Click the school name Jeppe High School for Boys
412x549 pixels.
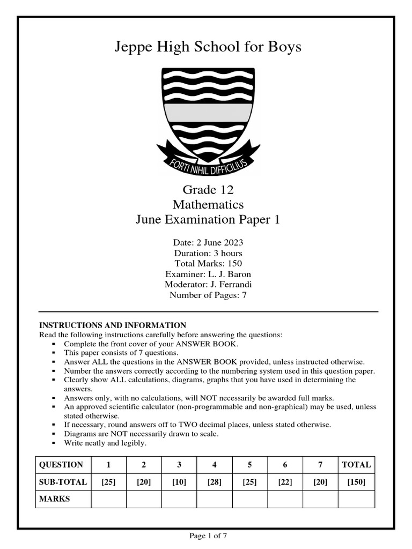click(208, 47)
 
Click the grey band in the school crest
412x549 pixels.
click(208, 112)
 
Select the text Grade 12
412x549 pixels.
click(208, 190)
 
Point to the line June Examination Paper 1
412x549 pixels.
click(208, 220)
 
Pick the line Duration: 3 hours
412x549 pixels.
click(208, 253)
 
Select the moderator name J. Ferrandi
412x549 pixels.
click(232, 284)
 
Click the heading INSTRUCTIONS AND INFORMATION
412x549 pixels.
click(113, 325)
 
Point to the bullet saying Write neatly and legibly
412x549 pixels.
click(105, 443)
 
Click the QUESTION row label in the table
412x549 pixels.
click(61, 465)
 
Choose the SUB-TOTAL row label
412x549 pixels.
click(63, 482)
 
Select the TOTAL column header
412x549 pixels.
click(356, 465)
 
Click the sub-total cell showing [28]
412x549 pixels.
click(214, 482)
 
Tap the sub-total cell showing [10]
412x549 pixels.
click(179, 482)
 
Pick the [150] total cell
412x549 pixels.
click(356, 482)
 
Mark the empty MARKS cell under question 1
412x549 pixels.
click(108, 499)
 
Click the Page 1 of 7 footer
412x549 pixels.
click(208, 536)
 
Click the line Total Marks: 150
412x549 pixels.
click(208, 263)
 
